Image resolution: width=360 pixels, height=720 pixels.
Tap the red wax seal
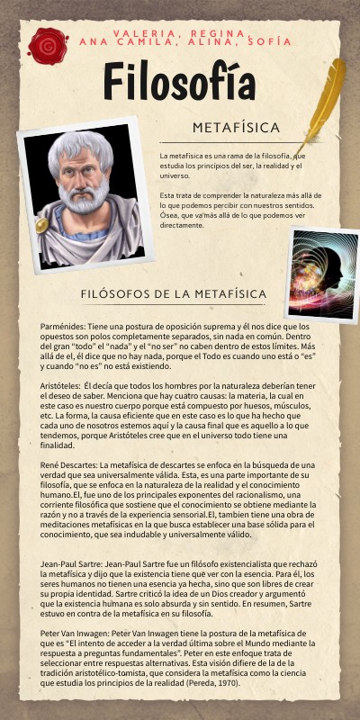46,44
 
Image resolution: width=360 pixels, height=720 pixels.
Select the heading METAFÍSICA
236,127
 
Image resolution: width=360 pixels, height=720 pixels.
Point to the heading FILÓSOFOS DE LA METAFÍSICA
173,293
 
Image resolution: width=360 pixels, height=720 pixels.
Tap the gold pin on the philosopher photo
41,225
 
